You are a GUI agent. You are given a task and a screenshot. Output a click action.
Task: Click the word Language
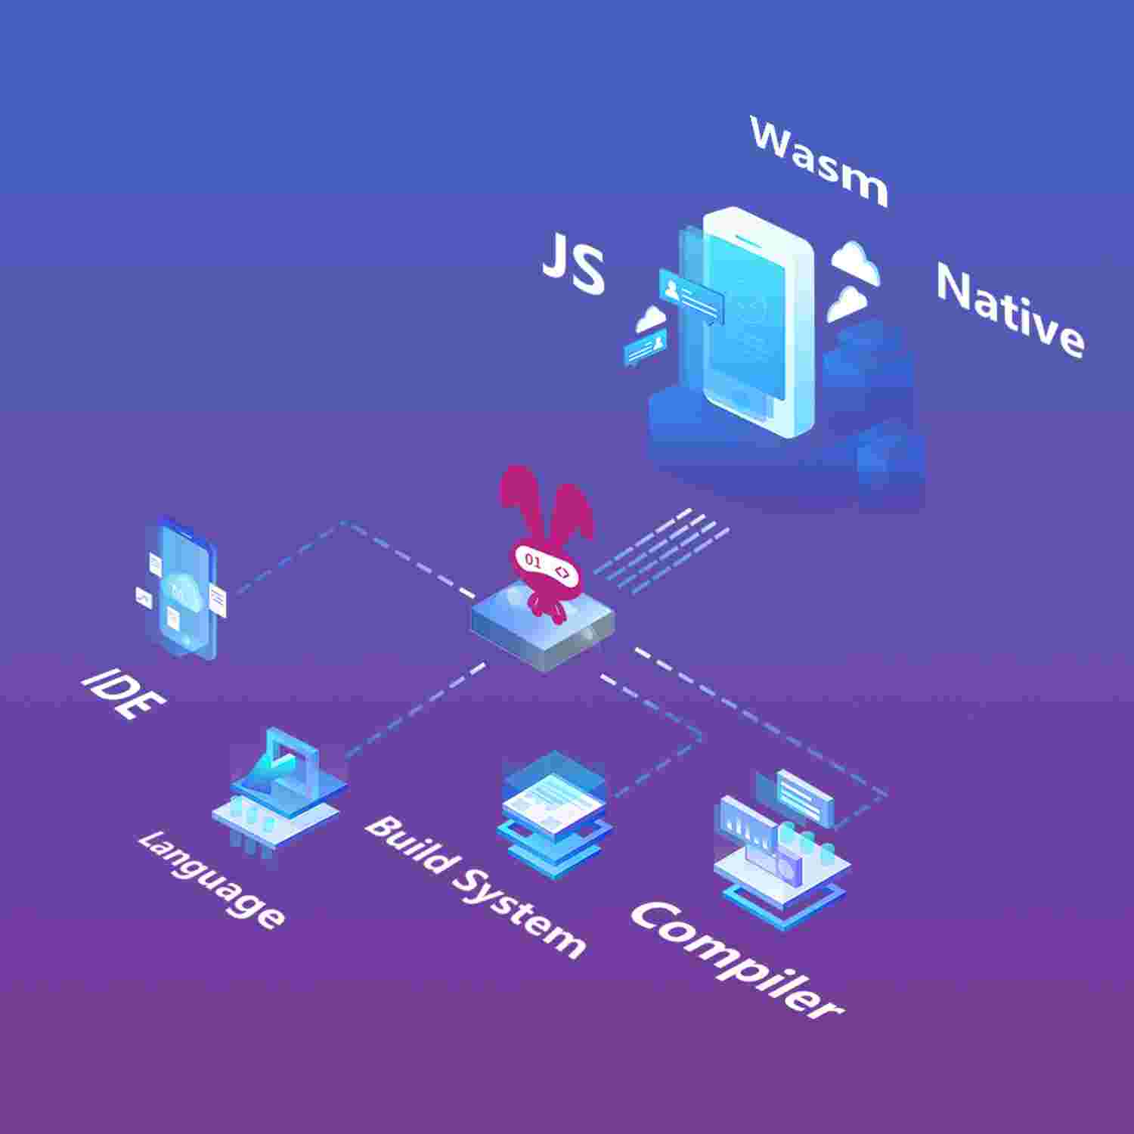212,878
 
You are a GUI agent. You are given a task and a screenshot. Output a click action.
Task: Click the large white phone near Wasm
756,321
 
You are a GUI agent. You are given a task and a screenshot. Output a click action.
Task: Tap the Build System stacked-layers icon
554,813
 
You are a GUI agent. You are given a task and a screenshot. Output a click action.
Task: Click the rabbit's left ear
518,499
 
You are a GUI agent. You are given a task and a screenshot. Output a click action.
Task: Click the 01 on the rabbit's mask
532,562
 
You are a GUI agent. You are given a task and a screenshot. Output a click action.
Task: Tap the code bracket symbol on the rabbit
562,572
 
